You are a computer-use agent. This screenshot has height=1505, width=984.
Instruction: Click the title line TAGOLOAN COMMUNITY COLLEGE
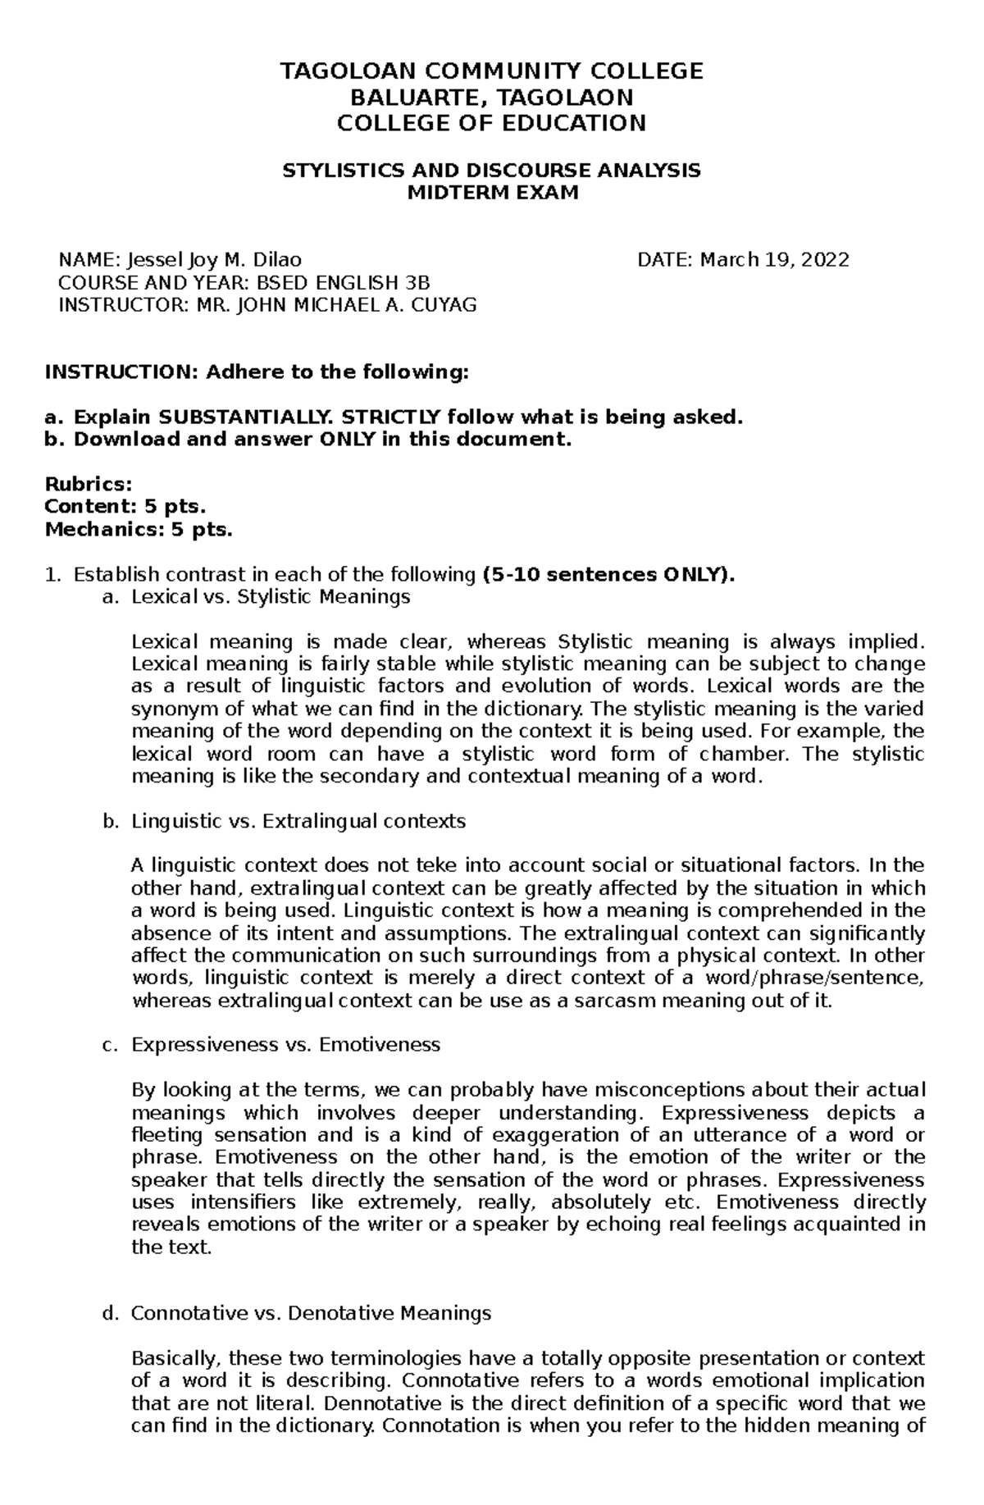click(x=492, y=71)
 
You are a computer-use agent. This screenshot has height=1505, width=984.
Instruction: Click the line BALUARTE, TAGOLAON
click(x=492, y=98)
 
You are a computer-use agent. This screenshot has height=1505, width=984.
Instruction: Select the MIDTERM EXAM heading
click(x=493, y=193)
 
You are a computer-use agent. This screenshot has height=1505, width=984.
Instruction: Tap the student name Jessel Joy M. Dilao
click(x=213, y=260)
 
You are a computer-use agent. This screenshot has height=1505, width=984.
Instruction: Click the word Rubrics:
click(x=88, y=485)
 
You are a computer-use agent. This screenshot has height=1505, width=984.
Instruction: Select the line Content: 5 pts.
click(x=120, y=507)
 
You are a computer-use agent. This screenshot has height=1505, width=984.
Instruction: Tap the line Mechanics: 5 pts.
click(x=139, y=530)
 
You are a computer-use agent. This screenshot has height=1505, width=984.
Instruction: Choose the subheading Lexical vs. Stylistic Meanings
click(x=271, y=597)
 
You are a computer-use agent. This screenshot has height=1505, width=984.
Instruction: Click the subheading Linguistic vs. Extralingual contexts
click(x=298, y=821)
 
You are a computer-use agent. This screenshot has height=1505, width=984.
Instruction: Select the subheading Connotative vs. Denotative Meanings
click(x=311, y=1313)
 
